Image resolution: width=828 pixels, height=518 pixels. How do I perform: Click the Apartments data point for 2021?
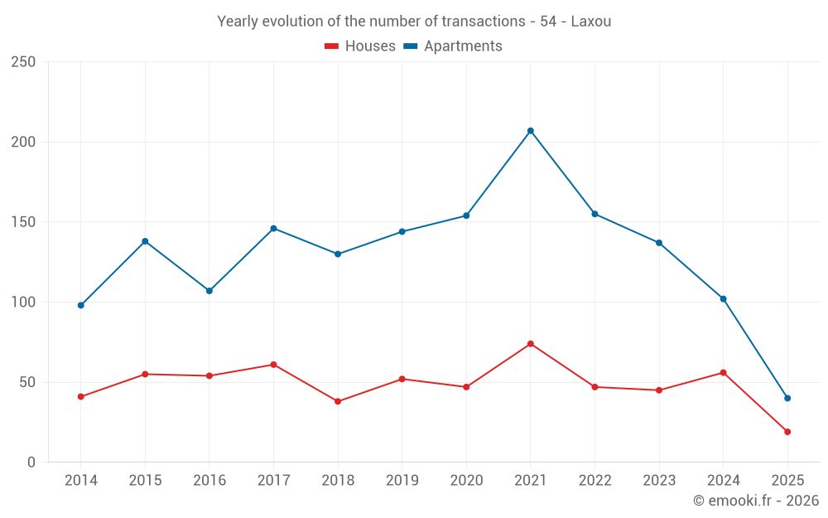point(531,131)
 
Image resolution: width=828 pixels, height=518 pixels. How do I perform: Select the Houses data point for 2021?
point(531,344)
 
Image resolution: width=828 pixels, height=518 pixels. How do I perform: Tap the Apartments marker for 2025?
point(787,399)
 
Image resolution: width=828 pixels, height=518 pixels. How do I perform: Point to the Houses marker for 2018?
point(338,402)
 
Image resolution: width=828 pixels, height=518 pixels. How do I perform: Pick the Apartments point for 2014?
point(81,306)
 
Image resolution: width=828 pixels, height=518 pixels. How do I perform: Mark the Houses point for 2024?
point(723,373)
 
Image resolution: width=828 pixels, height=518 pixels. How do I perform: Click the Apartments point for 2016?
point(209,291)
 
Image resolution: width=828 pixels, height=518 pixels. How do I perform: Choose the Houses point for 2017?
point(273,365)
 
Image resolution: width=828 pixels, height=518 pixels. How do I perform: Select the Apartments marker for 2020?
point(466,215)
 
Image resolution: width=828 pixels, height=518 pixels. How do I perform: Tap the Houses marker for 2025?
point(787,432)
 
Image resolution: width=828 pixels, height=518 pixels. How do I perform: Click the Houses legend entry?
point(360,46)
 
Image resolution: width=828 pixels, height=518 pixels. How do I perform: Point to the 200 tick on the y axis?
point(23,142)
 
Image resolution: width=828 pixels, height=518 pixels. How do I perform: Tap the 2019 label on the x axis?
point(402,481)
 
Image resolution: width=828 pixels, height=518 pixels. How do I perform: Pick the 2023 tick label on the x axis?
point(659,481)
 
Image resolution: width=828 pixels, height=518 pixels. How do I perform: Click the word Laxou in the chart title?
point(591,22)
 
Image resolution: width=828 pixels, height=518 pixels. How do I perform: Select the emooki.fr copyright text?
point(756,501)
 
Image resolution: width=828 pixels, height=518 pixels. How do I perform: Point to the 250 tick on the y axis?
point(23,62)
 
